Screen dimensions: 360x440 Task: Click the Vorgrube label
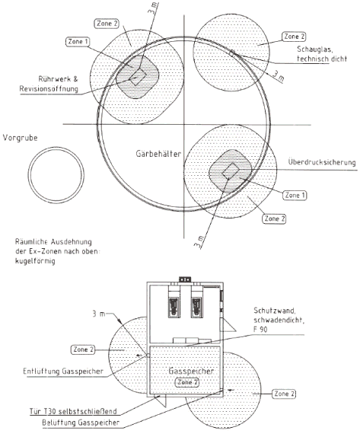(21, 138)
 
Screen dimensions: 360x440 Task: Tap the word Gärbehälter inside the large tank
(158, 154)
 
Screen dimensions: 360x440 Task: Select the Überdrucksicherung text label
(322, 162)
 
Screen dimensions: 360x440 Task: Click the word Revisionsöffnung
(49, 89)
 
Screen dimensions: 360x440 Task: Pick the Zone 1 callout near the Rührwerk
(78, 42)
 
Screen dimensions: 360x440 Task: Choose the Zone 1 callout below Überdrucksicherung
(295, 196)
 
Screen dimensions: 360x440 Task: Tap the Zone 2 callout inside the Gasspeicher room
(187, 382)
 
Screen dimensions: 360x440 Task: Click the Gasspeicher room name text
(191, 371)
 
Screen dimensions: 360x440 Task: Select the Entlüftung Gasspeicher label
(63, 371)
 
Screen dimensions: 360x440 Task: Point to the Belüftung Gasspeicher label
(81, 422)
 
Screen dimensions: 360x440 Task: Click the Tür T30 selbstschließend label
(73, 411)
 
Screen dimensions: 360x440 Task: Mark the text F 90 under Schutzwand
(260, 329)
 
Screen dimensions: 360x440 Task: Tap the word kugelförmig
(35, 261)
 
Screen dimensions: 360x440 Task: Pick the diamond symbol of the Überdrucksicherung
(231, 171)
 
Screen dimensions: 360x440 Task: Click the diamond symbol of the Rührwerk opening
(138, 76)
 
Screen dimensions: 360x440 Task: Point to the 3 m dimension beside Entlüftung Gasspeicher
(99, 314)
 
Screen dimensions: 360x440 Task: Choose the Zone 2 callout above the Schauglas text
(294, 37)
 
